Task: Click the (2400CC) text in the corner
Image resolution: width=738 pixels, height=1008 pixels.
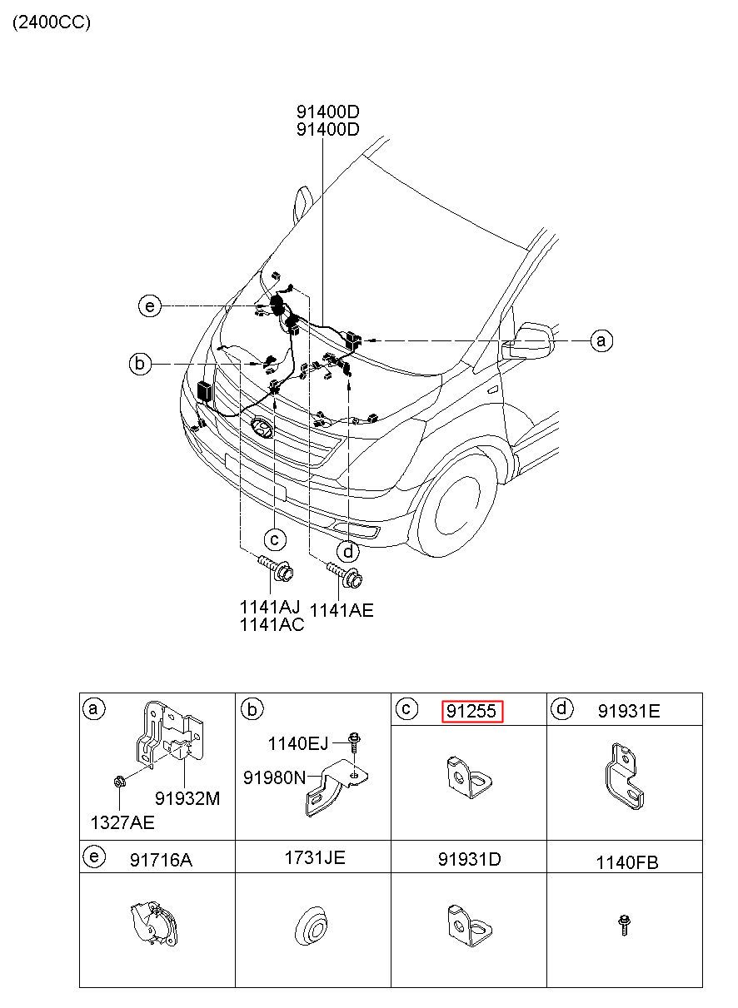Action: pyautogui.click(x=52, y=22)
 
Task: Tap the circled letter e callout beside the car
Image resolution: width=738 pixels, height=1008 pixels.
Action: pyautogui.click(x=149, y=306)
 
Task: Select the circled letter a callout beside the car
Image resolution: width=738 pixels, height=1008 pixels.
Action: pyautogui.click(x=601, y=340)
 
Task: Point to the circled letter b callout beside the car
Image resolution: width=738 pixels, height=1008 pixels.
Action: pyautogui.click(x=140, y=363)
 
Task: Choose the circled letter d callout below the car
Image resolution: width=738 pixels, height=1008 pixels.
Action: pyautogui.click(x=348, y=551)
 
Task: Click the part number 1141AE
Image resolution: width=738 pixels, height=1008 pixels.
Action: pyautogui.click(x=342, y=611)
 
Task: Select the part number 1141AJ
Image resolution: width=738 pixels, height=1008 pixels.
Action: pyautogui.click(x=270, y=607)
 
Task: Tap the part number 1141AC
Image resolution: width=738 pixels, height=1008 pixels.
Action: pyautogui.click(x=272, y=624)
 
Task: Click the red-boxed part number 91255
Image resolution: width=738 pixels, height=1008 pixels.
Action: pyautogui.click(x=472, y=712)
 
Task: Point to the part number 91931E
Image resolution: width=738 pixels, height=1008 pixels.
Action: pyautogui.click(x=629, y=711)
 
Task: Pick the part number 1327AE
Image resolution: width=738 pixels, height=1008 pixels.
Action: pyautogui.click(x=122, y=822)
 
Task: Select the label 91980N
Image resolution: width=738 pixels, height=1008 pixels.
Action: pyautogui.click(x=274, y=777)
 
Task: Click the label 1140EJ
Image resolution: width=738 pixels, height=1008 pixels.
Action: pyautogui.click(x=298, y=744)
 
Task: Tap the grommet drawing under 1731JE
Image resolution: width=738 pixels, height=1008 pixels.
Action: pyautogui.click(x=312, y=927)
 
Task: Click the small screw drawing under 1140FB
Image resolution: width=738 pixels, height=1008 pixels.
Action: pyautogui.click(x=624, y=926)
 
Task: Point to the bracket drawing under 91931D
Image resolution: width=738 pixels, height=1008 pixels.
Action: pyautogui.click(x=470, y=926)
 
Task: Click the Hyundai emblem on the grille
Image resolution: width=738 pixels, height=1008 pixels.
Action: pyautogui.click(x=262, y=427)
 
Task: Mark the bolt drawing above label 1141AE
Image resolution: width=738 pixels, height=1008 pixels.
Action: pyautogui.click(x=345, y=574)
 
